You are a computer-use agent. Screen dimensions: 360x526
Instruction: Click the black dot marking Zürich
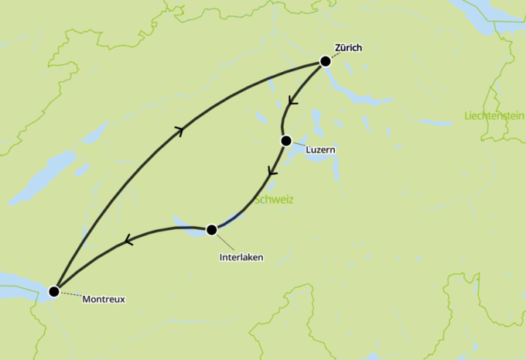(x=326, y=61)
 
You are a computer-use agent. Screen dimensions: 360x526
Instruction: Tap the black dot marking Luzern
(x=286, y=141)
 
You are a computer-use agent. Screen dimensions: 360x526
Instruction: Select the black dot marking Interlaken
(x=211, y=229)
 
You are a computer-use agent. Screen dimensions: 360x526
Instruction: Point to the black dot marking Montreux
(x=53, y=292)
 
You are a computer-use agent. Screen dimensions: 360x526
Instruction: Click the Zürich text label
(x=348, y=48)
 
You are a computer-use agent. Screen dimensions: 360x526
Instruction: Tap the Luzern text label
(x=321, y=150)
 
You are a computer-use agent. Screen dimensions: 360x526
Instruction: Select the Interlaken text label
(x=241, y=257)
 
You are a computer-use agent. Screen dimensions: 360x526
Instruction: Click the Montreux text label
(x=103, y=299)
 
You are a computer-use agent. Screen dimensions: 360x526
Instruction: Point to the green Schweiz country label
(x=275, y=200)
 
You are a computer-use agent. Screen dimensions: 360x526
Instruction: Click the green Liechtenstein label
(x=494, y=116)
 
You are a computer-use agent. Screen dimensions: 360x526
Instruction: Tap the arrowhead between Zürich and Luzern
(x=292, y=101)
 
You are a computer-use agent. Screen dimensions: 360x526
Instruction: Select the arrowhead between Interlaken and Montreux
(x=127, y=242)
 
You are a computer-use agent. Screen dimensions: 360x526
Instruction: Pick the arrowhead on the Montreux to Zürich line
(x=181, y=131)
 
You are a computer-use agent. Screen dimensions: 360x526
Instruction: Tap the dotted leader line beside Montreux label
(x=70, y=295)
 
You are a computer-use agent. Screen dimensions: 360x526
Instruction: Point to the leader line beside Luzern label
(x=299, y=145)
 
